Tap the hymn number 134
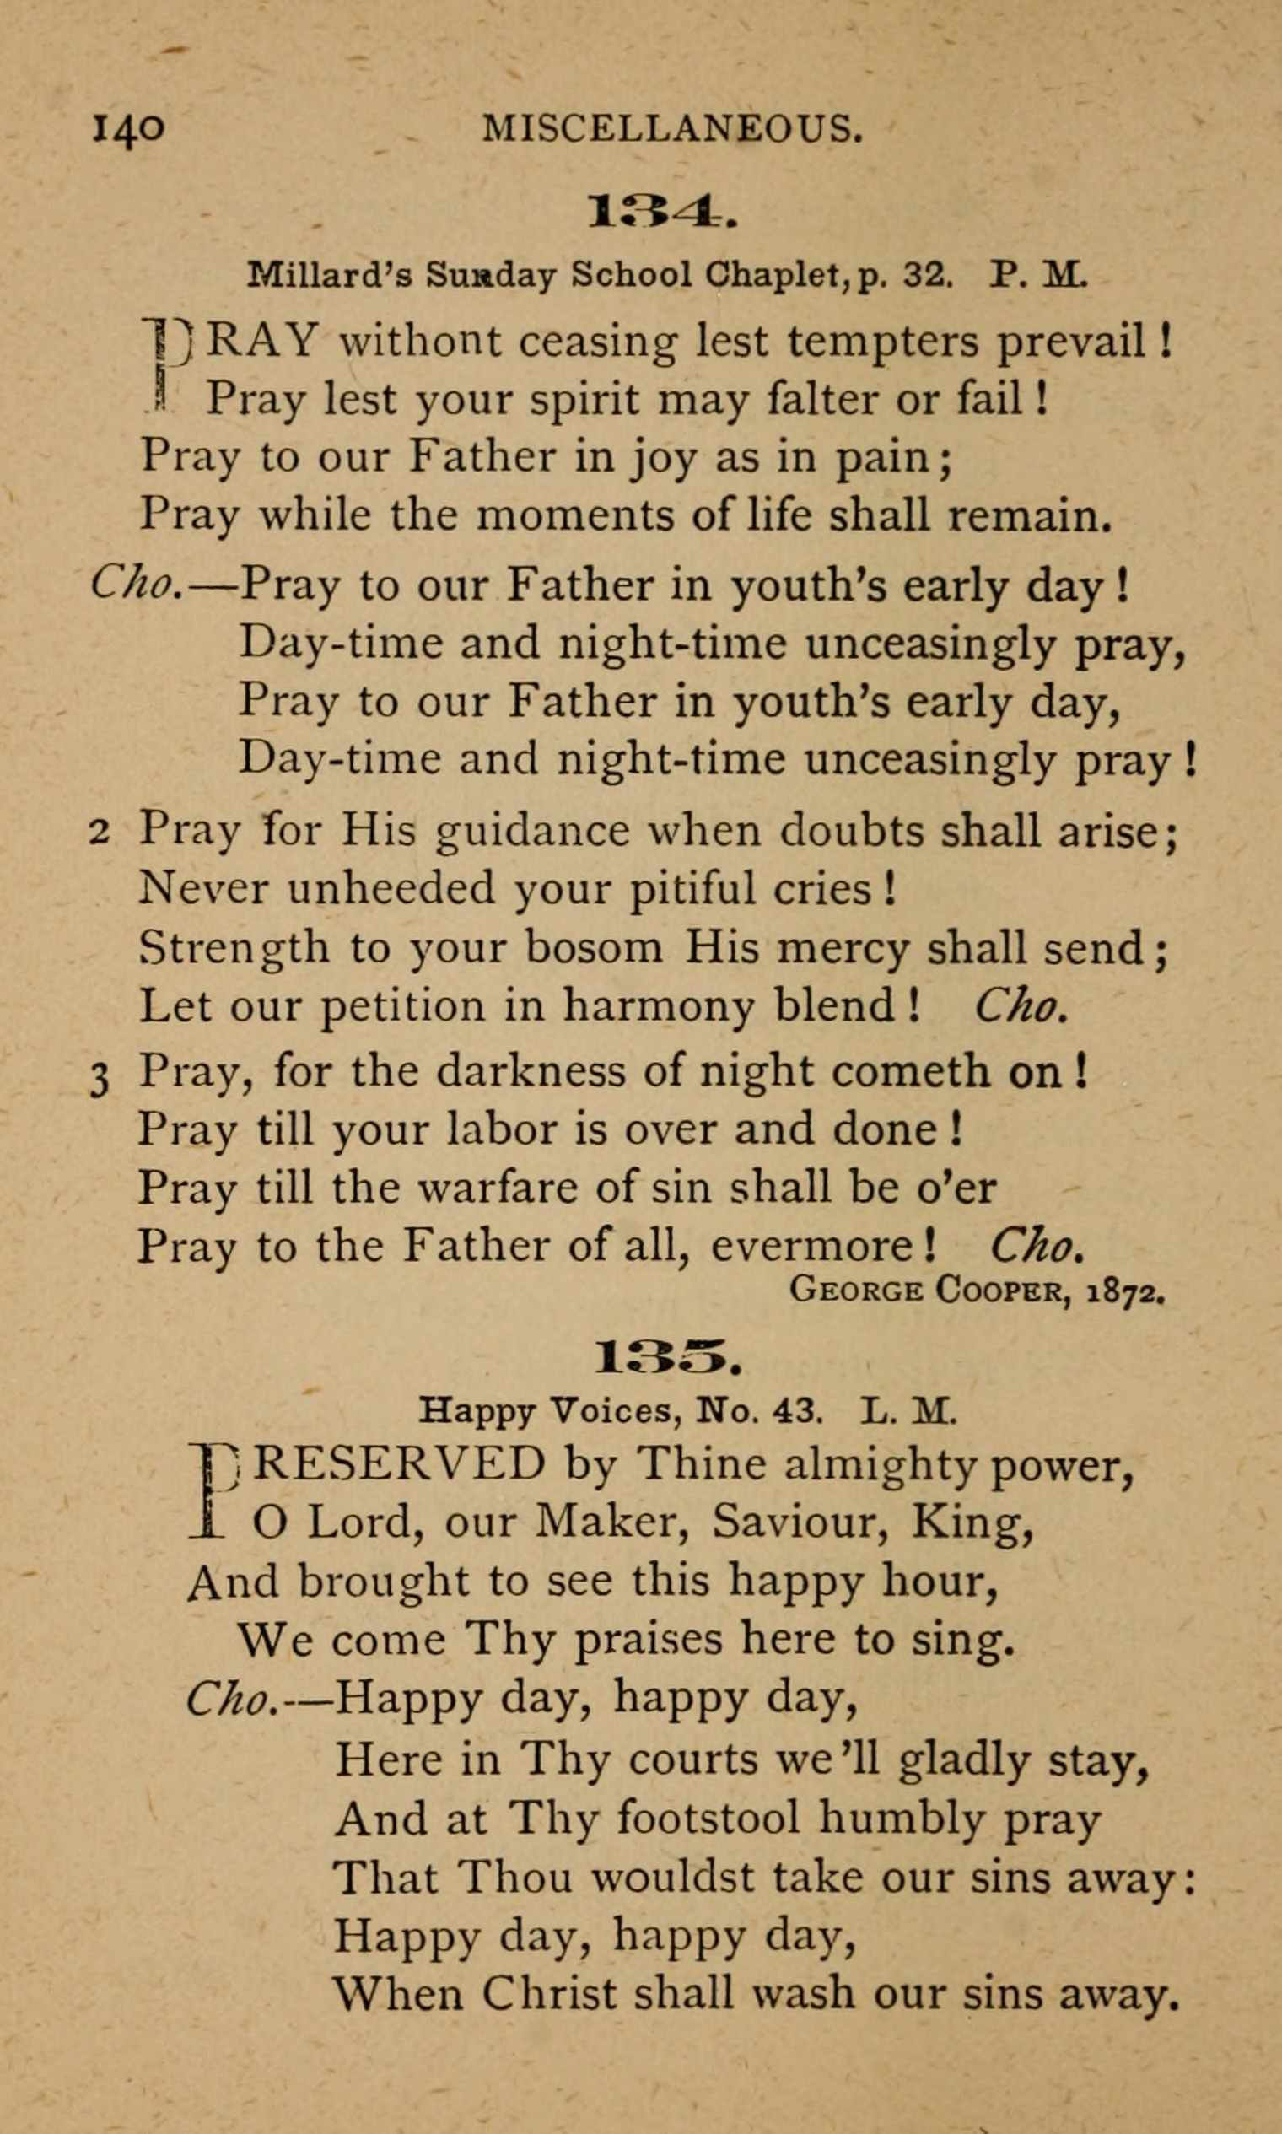(x=660, y=212)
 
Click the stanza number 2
(x=100, y=833)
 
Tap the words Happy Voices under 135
(x=542, y=1410)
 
